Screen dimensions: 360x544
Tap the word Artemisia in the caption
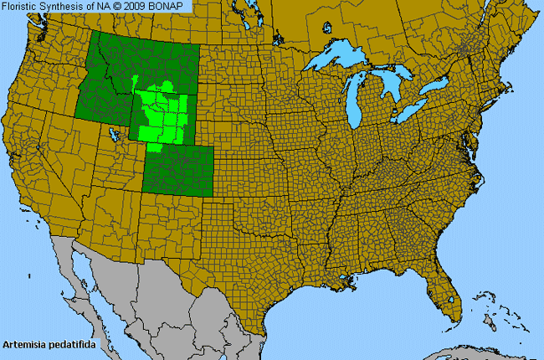point(23,344)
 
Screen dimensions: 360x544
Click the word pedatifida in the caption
point(69,344)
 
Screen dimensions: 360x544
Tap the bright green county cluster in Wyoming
point(163,113)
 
